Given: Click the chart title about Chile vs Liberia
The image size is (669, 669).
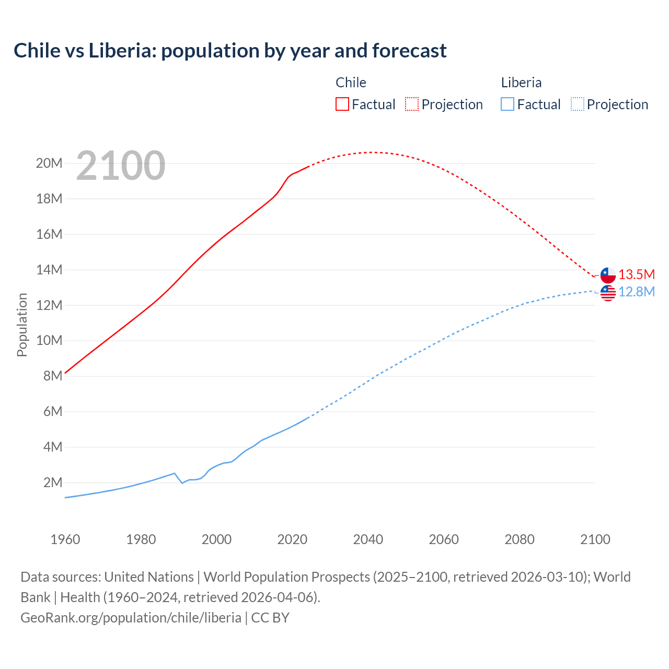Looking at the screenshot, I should pos(230,51).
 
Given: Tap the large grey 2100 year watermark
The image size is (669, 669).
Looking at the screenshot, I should pos(121,166).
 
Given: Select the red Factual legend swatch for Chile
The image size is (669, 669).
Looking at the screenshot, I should pos(342,104).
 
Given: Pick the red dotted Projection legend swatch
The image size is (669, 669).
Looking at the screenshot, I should pos(412,104).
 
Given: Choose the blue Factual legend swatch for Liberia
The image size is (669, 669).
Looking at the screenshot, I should pos(507,104).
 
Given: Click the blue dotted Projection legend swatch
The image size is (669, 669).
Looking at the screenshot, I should pos(577,104).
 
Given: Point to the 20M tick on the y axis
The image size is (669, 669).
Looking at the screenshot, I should pos(49,164).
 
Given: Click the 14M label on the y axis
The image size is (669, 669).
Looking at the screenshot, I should pos(49,270).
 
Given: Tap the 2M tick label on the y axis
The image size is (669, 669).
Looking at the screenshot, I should pos(53,482).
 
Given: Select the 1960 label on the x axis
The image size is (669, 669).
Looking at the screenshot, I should pos(65,539).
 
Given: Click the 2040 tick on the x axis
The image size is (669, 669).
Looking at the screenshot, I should pos(368,539).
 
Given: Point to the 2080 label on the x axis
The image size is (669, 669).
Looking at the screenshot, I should pos(520,539).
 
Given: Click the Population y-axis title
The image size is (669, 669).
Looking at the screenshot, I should pos(22,325).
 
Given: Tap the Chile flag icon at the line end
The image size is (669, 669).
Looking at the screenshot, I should pos(608,275).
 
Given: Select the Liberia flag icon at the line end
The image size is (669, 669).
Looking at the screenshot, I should pos(608,293).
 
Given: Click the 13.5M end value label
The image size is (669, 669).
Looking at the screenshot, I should pos(637,274).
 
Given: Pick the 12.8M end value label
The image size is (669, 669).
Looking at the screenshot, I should pos(637,292).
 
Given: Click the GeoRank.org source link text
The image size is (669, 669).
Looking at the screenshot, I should pos(131,617).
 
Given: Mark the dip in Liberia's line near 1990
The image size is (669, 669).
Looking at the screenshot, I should pos(182,483).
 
